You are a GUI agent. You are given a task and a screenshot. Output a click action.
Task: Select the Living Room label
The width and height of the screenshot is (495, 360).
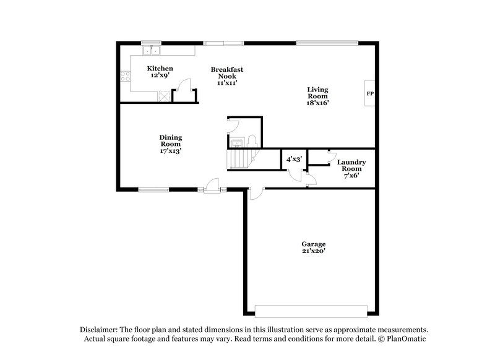coord(317,96)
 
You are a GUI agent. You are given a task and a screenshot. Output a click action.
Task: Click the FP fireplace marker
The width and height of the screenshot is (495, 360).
coord(370,94)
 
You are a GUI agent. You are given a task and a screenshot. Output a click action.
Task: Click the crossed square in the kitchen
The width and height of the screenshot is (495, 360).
coord(164,95)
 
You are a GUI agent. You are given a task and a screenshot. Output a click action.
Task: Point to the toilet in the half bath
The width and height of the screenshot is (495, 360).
coord(252,140)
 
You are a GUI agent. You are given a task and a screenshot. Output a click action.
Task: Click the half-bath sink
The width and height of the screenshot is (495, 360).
coord(236,143)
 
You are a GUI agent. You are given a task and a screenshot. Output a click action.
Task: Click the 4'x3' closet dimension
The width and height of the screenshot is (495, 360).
coord(293,159)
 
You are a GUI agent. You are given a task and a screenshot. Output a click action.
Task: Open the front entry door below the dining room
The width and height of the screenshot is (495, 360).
coord(213,186)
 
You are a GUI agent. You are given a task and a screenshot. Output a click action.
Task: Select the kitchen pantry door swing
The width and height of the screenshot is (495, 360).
coord(182,93)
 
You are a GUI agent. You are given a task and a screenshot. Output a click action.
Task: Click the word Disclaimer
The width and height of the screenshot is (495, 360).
coord(101,330)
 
